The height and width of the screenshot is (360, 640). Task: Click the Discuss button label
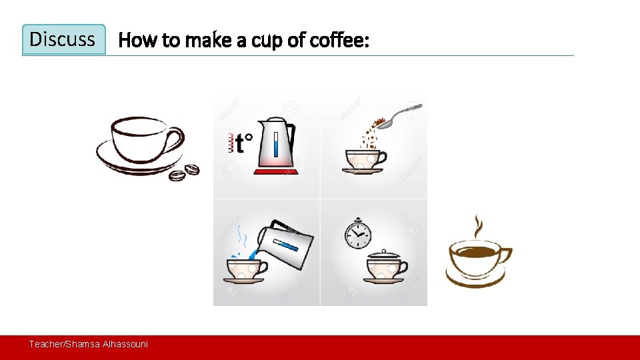(x=63, y=39)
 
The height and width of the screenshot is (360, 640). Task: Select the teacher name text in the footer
(x=88, y=344)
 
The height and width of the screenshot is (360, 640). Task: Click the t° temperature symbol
(x=241, y=143)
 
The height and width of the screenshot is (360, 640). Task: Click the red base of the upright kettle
(x=276, y=173)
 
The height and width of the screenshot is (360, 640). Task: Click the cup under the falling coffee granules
(x=363, y=159)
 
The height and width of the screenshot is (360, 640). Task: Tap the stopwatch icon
(x=358, y=233)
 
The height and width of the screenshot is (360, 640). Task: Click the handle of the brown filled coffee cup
(x=505, y=256)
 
